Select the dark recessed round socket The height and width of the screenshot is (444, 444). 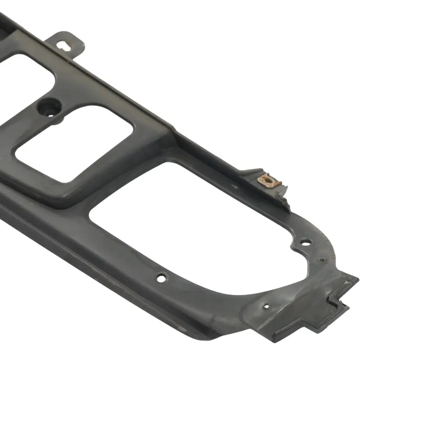pos(49,108)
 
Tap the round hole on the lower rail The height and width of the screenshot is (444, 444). pos(162,278)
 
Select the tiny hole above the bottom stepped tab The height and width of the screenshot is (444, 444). pos(266,306)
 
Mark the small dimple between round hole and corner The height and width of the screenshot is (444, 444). pos(321,260)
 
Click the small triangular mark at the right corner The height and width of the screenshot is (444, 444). pos(349,282)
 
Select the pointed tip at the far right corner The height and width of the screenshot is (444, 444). pos(358,280)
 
